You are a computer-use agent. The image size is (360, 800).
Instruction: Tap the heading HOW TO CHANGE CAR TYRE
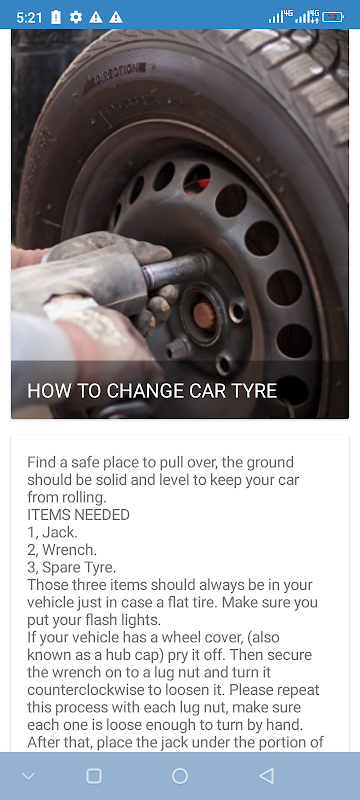point(152,391)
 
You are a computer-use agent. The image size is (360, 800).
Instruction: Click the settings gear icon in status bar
point(76,17)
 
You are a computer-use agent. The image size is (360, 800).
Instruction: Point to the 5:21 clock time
point(29,17)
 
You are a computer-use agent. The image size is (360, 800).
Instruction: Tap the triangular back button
point(266,776)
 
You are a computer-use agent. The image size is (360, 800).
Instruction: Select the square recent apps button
point(94,776)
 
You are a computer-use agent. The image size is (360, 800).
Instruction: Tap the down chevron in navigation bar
point(29,777)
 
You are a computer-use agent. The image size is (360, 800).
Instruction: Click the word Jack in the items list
point(59,533)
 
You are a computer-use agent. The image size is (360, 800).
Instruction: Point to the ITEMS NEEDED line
point(79,515)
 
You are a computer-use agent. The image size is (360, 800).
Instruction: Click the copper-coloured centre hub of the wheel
point(204,316)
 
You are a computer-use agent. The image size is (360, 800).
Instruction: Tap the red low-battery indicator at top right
point(333,17)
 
